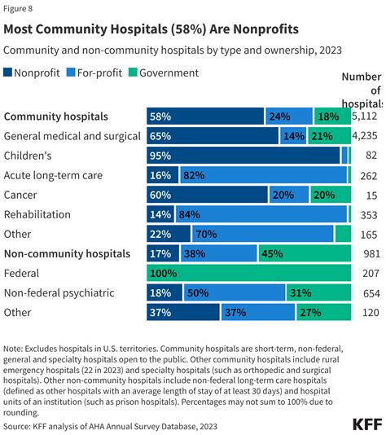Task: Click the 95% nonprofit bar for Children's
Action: pos(243,155)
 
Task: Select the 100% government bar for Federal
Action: pos(248,273)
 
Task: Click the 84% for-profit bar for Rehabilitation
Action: pos(261,214)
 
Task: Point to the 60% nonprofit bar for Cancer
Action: pos(208,194)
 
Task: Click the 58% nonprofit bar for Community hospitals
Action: pos(205,116)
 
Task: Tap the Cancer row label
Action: pos(20,194)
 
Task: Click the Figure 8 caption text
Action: pos(21,10)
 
